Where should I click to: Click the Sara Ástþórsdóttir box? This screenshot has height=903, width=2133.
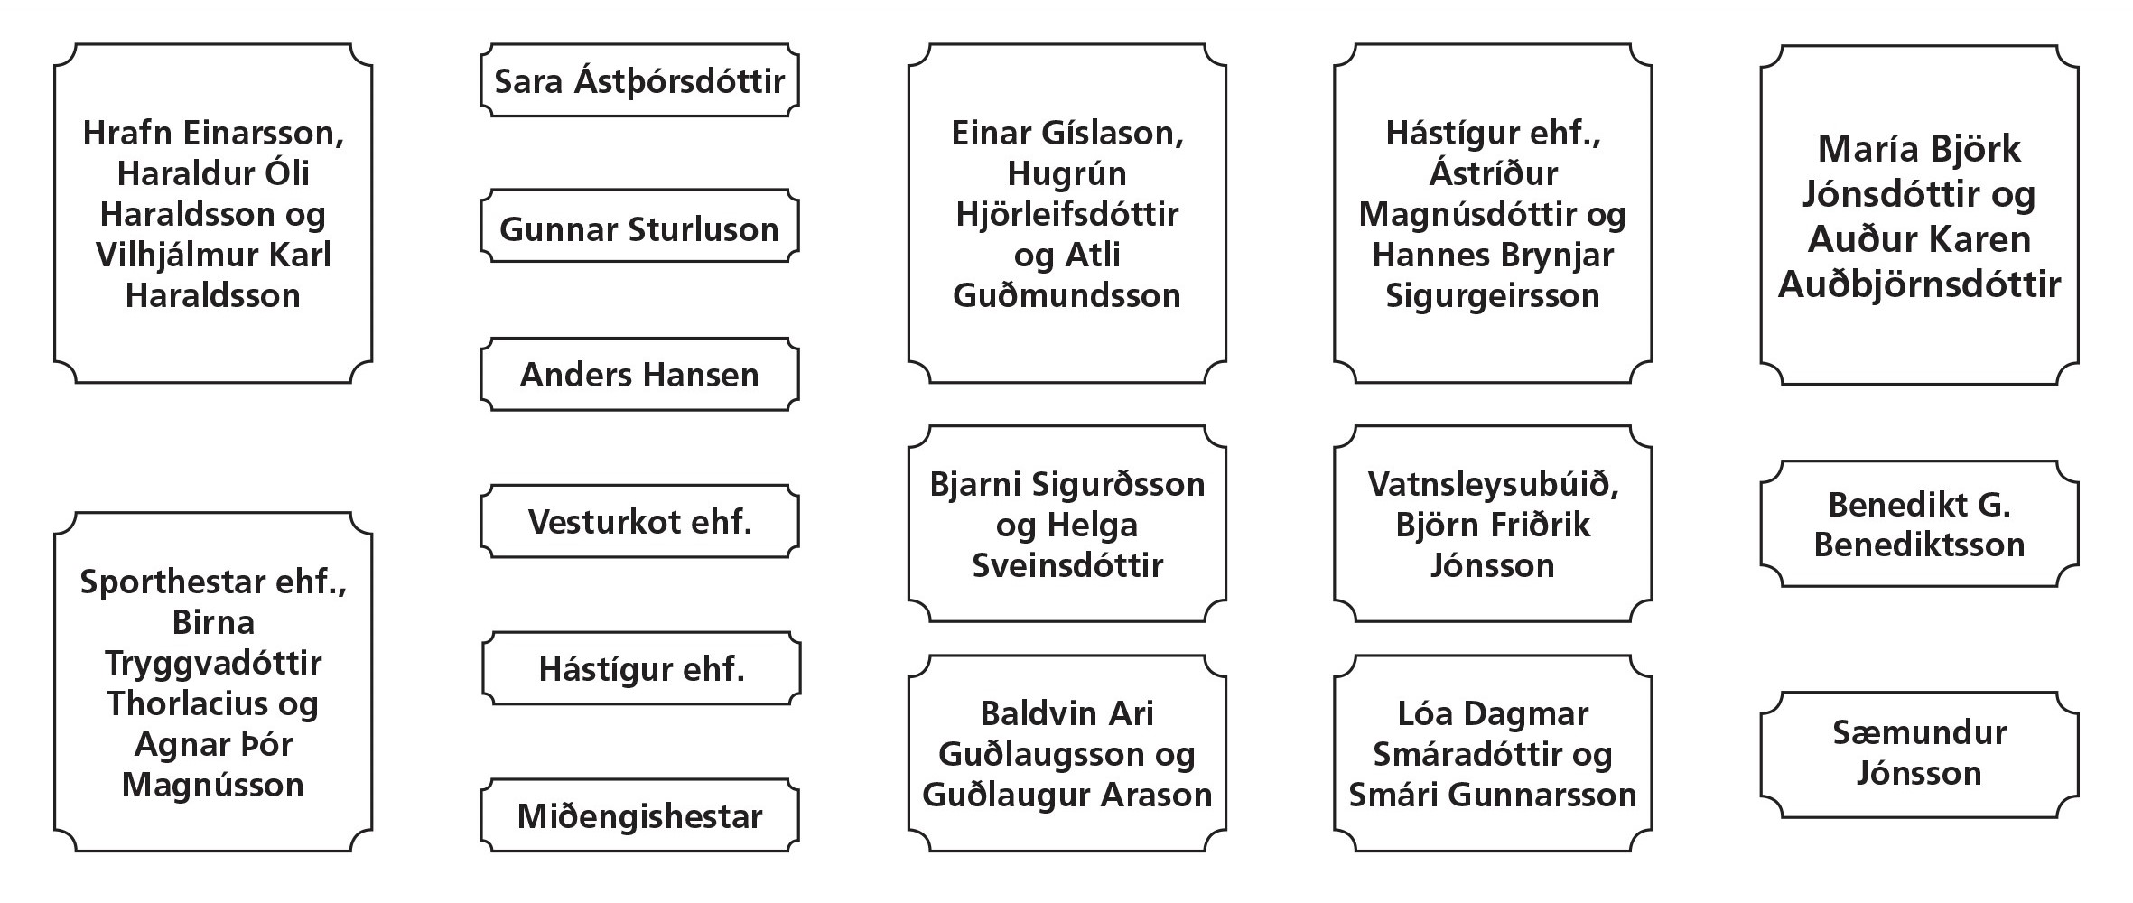[639, 80]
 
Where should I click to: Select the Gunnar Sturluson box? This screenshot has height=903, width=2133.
[639, 227]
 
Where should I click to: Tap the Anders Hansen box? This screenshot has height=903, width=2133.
[639, 375]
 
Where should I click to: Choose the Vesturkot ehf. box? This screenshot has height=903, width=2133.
[639, 521]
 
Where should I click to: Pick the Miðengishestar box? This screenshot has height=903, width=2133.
[639, 815]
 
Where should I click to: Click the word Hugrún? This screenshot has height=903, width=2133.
[1066, 173]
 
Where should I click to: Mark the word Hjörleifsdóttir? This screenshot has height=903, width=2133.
[1066, 214]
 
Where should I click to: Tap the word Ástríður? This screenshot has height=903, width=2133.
[1493, 173]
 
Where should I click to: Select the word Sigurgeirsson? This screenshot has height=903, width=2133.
[1493, 296]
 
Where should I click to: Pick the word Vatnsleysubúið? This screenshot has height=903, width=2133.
[1493, 484]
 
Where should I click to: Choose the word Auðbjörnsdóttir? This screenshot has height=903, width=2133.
[1919, 284]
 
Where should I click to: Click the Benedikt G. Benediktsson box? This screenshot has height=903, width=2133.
[1919, 524]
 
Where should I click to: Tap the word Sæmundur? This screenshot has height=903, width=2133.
[1919, 732]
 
